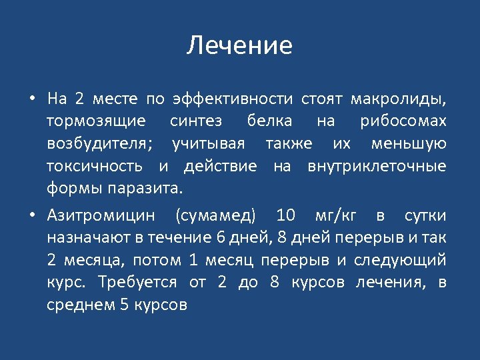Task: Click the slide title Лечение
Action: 239,46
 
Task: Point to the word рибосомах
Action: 403,121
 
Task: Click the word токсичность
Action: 97,166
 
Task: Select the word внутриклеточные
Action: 377,166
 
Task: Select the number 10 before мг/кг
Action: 285,215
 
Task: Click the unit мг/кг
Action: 335,215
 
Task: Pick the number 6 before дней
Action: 221,238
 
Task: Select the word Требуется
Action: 137,283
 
